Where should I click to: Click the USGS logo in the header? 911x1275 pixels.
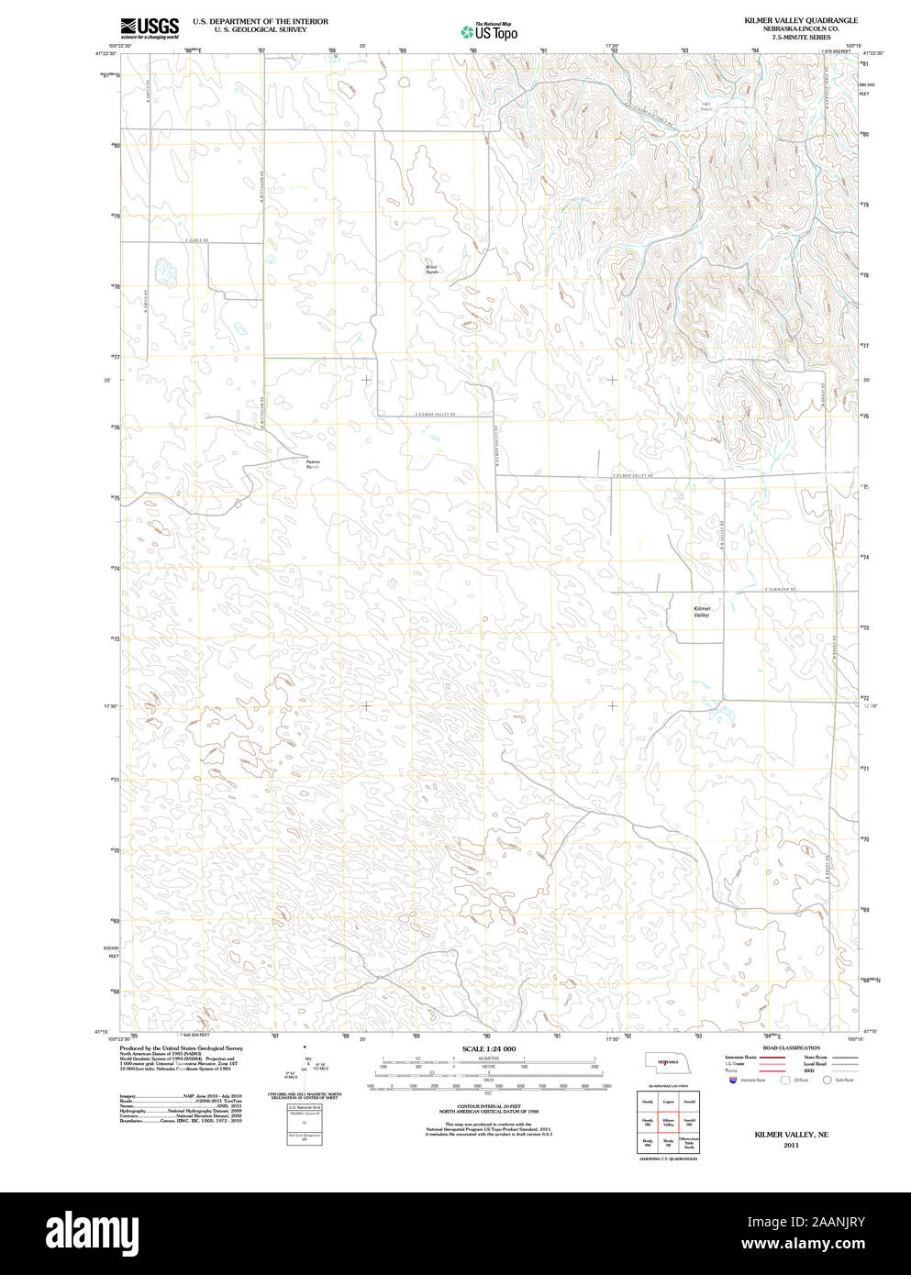pos(149,28)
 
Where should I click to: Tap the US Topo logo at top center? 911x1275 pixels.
pos(489,32)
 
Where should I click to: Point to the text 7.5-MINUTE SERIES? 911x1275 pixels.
pos(801,38)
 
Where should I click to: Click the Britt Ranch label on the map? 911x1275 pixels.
pos(431,270)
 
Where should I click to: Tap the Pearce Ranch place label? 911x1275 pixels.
pos(314,464)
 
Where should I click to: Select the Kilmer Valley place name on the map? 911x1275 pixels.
pos(702,612)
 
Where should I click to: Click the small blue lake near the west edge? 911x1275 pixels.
pos(165,272)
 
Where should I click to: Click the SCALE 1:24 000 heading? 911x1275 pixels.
pos(488,1048)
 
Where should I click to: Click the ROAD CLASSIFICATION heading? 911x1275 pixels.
pos(791,1048)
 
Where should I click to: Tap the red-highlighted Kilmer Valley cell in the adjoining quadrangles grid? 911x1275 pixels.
pos(668,1122)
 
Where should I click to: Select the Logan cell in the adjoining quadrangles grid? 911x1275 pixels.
pos(668,1101)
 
